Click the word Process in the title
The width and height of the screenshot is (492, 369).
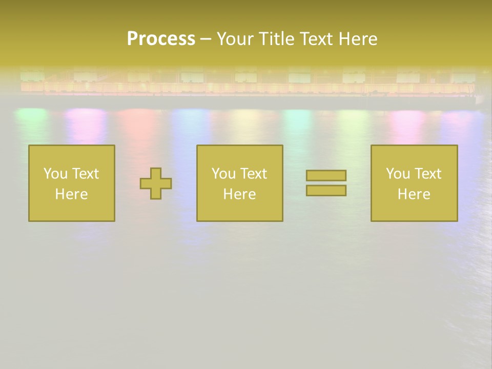coord(161,39)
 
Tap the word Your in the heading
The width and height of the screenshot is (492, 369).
coord(236,39)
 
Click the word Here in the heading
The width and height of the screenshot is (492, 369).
coord(359,39)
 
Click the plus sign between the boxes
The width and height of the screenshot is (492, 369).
coord(156,183)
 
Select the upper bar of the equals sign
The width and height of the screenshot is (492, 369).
coord(326,175)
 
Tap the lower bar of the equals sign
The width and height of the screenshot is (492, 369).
coord(326,190)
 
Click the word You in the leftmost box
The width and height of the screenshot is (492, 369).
coord(55,174)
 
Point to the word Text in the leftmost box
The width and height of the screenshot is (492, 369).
coord(85,174)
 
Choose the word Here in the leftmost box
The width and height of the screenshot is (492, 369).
coord(71,194)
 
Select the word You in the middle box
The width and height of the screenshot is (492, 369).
coord(223,174)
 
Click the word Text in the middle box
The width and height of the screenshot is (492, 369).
coord(253,174)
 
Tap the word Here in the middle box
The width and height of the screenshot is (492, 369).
coord(239,194)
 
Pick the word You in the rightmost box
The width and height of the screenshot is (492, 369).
coord(398,174)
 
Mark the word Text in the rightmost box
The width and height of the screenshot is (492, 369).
coord(427,174)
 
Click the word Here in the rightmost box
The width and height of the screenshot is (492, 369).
coord(414,194)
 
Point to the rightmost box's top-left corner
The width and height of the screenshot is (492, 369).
coord(372,146)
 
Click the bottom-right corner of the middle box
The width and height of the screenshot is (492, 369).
coord(282,220)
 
